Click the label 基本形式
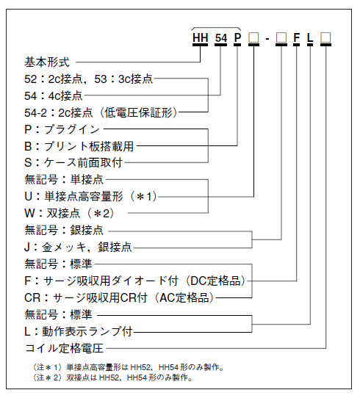pos(48,62)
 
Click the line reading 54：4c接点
pos(54,95)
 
